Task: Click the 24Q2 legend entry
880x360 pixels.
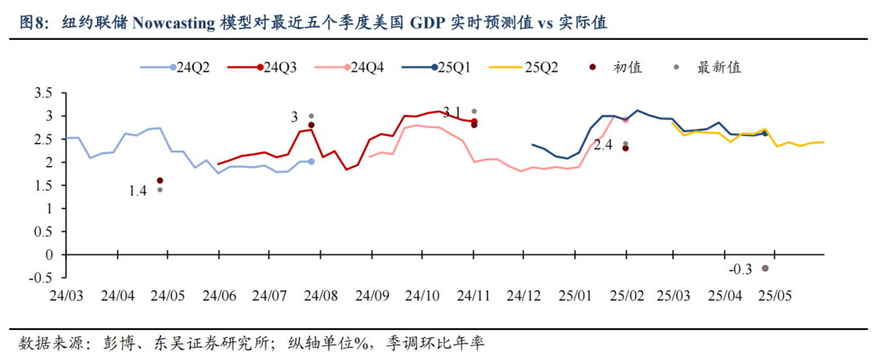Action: point(175,68)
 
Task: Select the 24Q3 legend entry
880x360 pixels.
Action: point(261,68)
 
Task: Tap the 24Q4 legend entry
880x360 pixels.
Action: point(348,68)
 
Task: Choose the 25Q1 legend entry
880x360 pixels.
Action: point(437,68)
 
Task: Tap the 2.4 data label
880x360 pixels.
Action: point(602,147)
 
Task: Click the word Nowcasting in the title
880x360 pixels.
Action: point(174,24)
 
